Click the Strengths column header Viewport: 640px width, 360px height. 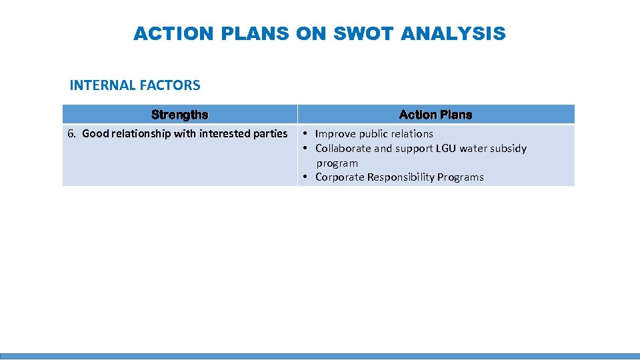coord(179,115)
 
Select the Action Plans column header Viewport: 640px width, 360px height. coord(435,115)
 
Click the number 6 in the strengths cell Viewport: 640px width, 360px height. coord(71,133)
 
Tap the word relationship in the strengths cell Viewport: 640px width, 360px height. coord(141,133)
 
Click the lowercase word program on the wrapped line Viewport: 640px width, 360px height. coord(337,163)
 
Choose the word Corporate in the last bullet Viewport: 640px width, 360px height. coord(339,177)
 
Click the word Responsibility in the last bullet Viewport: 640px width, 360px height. coord(401,177)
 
